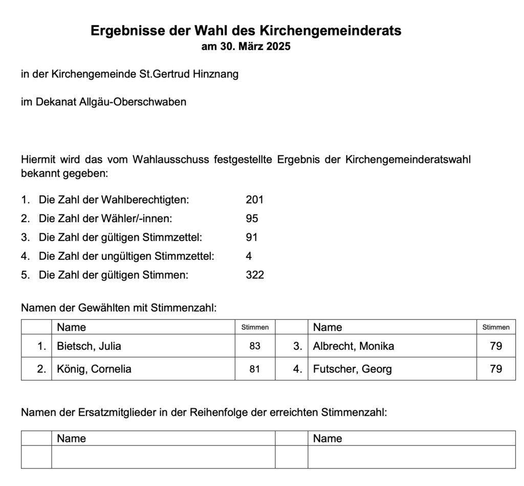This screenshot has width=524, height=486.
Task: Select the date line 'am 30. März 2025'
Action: [246, 47]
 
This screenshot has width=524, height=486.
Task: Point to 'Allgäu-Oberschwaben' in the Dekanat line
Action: [133, 102]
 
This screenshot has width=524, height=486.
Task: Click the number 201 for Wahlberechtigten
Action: [254, 200]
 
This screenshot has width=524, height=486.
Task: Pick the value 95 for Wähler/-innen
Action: [252, 218]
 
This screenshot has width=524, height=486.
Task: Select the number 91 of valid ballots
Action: [251, 237]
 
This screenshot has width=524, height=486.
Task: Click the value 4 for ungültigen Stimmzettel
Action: [249, 256]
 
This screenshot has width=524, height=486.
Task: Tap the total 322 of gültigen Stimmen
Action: [255, 275]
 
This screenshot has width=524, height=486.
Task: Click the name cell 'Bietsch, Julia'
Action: [89, 346]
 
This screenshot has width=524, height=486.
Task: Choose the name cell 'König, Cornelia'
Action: [94, 369]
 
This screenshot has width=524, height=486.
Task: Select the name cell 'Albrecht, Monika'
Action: [354, 346]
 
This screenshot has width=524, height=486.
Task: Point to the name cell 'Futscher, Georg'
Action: [353, 369]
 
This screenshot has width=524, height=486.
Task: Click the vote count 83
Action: [255, 346]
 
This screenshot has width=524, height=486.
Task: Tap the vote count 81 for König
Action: [255, 369]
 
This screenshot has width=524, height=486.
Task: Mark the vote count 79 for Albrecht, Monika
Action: [495, 346]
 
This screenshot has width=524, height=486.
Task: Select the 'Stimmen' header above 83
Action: [255, 327]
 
